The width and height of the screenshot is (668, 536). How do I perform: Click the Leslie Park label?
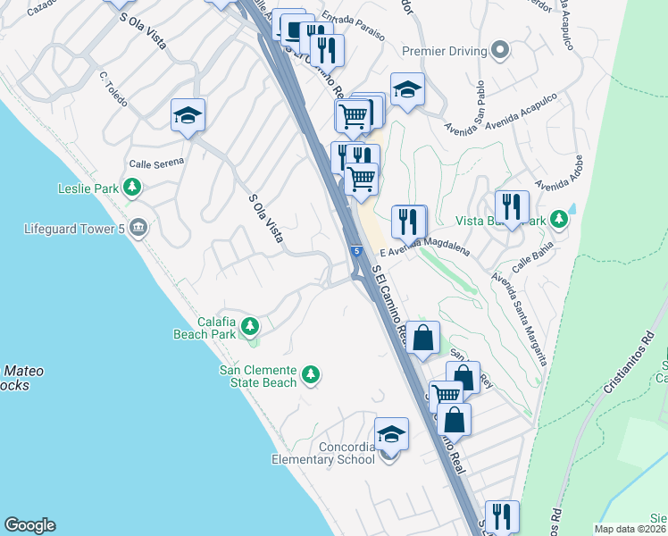click(x=88, y=188)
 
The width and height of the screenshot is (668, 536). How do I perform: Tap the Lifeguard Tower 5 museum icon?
click(x=138, y=228)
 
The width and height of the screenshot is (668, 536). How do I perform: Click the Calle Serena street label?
click(x=155, y=163)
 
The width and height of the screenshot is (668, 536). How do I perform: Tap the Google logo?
click(x=29, y=525)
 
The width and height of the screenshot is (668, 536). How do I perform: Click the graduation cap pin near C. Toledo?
click(x=188, y=115)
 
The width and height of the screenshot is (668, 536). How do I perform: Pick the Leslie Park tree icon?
click(x=132, y=187)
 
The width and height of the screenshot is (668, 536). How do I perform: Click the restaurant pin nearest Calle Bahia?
click(x=512, y=207)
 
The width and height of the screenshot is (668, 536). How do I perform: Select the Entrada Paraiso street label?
click(x=354, y=27)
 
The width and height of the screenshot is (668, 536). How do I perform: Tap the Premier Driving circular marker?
click(x=500, y=50)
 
